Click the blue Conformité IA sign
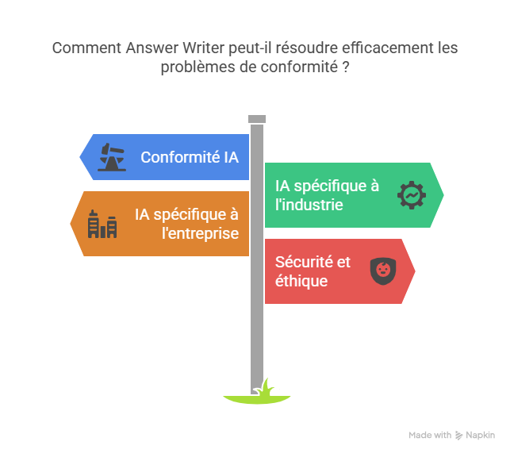pyautogui.click(x=167, y=157)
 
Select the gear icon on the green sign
pyautogui.click(x=412, y=195)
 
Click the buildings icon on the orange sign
pyautogui.click(x=102, y=225)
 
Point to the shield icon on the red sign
pyautogui.click(x=383, y=271)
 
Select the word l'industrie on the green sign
pyautogui.click(x=309, y=205)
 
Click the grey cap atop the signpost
pyautogui.click(x=256, y=119)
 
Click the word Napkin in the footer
pyautogui.click(x=481, y=436)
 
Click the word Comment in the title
pyautogui.click(x=86, y=48)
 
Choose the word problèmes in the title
pyautogui.click(x=194, y=67)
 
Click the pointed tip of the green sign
pyautogui.click(x=443, y=194)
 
